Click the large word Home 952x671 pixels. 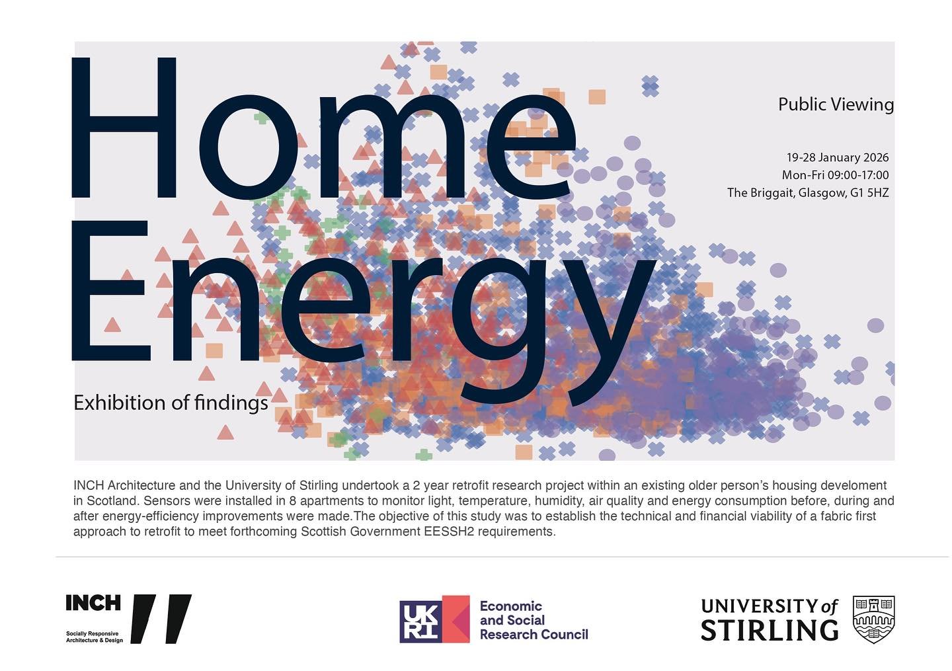pyautogui.click(x=324, y=129)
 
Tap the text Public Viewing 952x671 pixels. pyautogui.click(x=836, y=104)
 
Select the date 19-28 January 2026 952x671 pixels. pyautogui.click(x=837, y=157)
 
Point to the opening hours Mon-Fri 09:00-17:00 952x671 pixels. pyautogui.click(x=835, y=175)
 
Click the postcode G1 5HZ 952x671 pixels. pyautogui.click(x=870, y=193)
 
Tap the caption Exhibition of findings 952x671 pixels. pyautogui.click(x=171, y=403)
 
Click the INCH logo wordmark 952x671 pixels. pyautogui.click(x=93, y=603)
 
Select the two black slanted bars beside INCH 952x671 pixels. pyautogui.click(x=161, y=619)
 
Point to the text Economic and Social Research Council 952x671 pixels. pyautogui.click(x=533, y=620)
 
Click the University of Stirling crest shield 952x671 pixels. pyautogui.click(x=873, y=619)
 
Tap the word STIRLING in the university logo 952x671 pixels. pyautogui.click(x=769, y=630)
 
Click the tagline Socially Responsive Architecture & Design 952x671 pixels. pyautogui.click(x=94, y=637)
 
